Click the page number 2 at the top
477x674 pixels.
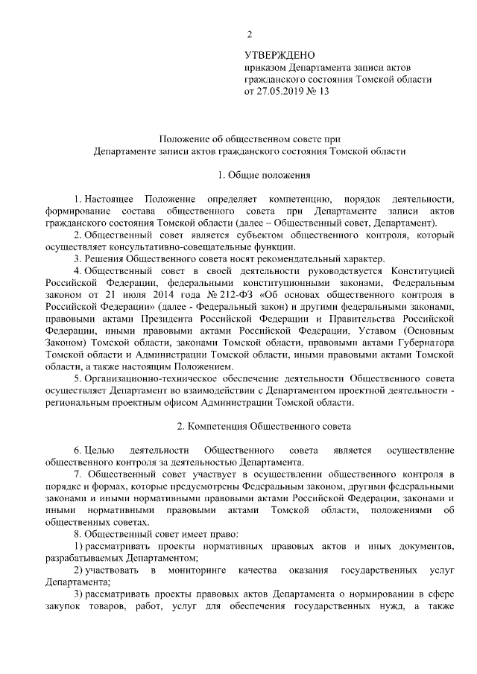coord(250,34)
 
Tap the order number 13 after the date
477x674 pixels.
coord(323,92)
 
